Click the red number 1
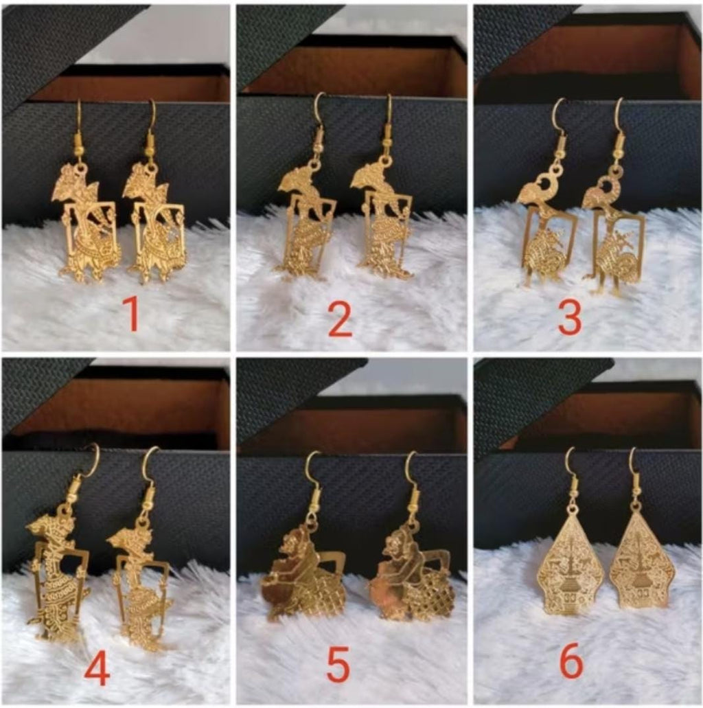[130, 314]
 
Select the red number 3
[570, 318]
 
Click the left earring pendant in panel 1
[88, 223]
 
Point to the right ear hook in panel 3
[620, 124]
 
